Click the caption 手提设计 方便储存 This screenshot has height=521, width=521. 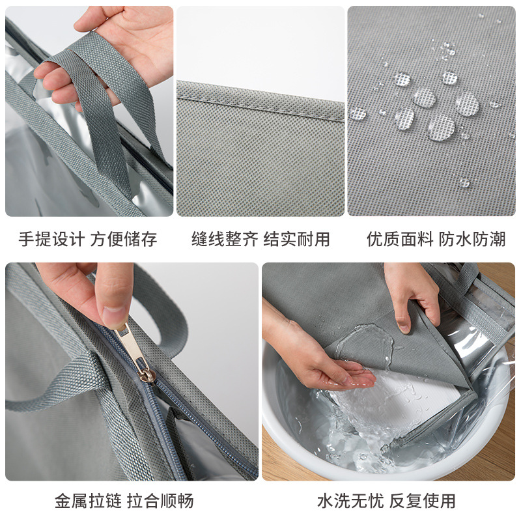(88, 239)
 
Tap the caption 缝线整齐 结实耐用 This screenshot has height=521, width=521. (260, 239)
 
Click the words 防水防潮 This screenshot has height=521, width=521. (473, 239)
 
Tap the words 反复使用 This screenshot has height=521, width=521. (423, 500)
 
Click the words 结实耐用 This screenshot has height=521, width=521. (297, 239)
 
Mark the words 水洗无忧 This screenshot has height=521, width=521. (350, 500)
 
